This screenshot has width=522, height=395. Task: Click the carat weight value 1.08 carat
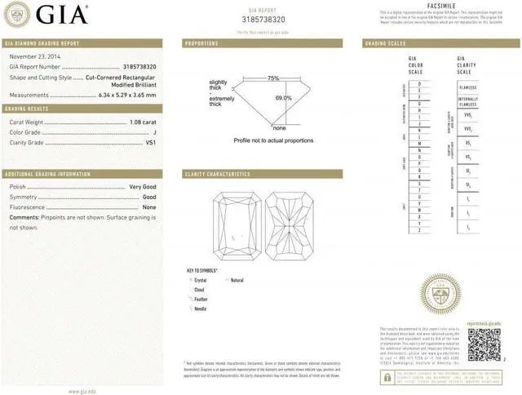[143, 122]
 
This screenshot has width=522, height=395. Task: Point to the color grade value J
[153, 131]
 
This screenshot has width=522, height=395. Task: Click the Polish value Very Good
[143, 187]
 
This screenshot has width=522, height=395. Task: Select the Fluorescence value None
[149, 207]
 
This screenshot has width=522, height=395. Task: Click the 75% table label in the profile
[273, 78]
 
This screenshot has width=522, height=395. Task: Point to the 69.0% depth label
[283, 98]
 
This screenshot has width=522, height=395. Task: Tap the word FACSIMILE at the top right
[440, 5]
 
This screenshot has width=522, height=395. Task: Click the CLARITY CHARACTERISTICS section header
[218, 174]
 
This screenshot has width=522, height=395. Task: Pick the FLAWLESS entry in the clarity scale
[467, 87]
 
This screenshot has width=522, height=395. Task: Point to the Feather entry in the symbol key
[201, 299]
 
